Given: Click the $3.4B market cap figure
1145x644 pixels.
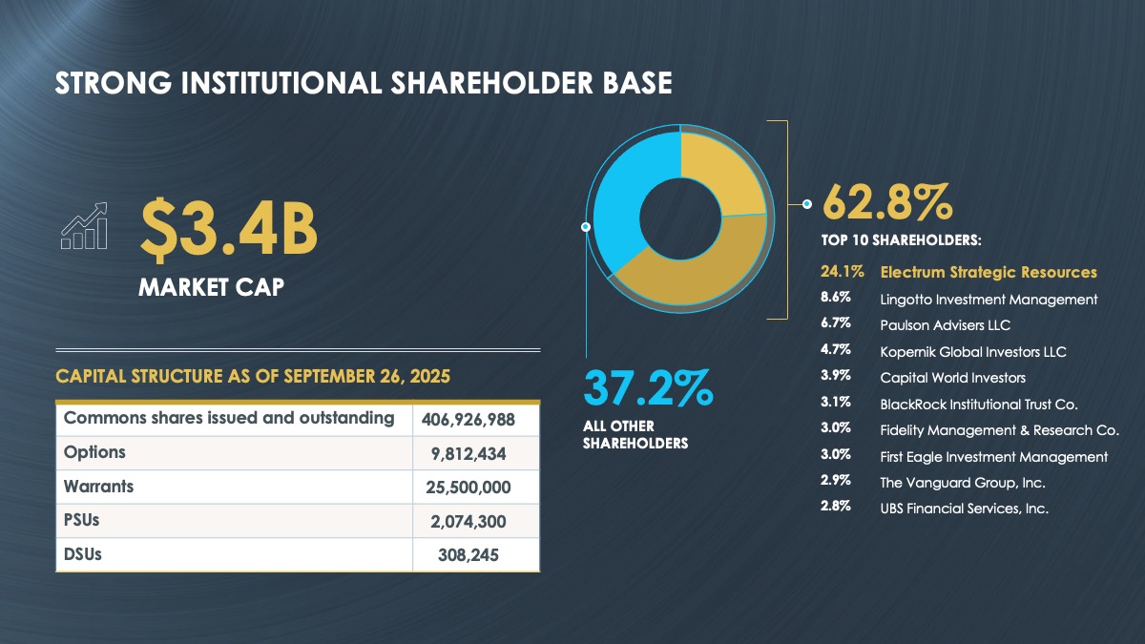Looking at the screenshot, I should coord(228,228).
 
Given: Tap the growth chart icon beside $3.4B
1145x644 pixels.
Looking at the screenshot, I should coord(84,225).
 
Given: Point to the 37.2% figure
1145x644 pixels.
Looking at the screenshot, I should coord(648,389).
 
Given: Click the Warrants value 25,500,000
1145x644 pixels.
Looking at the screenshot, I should coord(468,488).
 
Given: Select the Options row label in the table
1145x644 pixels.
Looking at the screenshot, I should coord(94,452).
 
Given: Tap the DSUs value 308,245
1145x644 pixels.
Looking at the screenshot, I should coord(468,555).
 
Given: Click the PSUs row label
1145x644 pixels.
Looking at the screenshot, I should coord(83,521).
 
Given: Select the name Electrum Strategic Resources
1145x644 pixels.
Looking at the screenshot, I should coord(988,273).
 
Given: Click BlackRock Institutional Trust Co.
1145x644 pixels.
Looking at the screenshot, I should coord(978,405).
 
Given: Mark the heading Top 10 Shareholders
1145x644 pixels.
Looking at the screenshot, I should coord(901,239).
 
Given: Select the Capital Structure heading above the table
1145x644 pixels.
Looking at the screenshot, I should coord(253,377).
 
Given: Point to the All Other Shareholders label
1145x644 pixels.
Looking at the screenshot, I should coord(635,434).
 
